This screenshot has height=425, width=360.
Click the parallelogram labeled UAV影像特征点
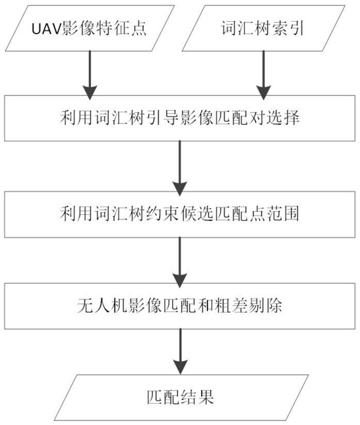click(90, 28)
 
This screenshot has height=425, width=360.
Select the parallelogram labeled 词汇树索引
click(263, 28)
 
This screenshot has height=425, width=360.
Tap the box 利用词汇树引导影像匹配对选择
click(179, 118)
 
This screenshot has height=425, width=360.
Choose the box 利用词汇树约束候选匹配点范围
click(179, 214)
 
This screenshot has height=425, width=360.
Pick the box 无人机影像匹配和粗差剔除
click(179, 306)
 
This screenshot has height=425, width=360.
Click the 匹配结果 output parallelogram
click(181, 398)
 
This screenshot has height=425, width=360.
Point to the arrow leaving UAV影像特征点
click(90, 75)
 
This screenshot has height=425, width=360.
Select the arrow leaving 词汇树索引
click(263, 75)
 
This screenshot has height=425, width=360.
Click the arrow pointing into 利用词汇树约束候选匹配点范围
click(179, 168)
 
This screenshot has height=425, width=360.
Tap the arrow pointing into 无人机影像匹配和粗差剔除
click(179, 263)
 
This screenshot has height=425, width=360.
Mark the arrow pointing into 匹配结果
click(180, 352)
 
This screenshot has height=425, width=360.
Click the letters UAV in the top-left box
click(47, 29)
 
